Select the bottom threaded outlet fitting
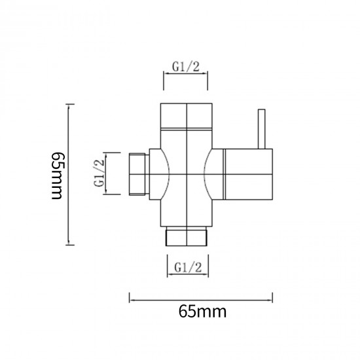pos(187,236)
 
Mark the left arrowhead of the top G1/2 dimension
pos(165,74)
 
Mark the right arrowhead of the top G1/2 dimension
pos(207,74)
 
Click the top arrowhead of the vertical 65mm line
pos(71,105)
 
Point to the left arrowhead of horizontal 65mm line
pos(130,300)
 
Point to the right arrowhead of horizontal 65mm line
pos(274,300)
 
